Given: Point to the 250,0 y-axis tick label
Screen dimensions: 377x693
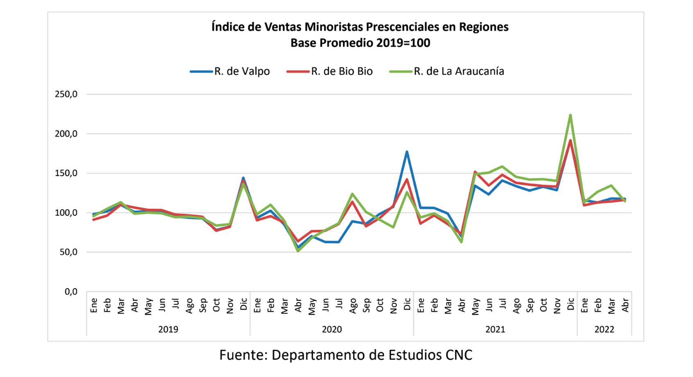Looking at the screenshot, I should pyautogui.click(x=66, y=94).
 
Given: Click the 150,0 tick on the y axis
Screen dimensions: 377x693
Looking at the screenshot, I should pyautogui.click(x=66, y=173).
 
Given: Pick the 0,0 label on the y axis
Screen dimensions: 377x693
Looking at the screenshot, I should pyautogui.click(x=71, y=292).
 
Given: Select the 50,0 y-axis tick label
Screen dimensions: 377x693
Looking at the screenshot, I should pyautogui.click(x=68, y=252).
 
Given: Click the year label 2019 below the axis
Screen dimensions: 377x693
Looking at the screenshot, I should pyautogui.click(x=168, y=330).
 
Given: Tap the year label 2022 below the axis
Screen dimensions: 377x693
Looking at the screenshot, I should pyautogui.click(x=604, y=330).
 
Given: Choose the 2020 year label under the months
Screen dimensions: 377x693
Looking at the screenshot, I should pyautogui.click(x=332, y=330).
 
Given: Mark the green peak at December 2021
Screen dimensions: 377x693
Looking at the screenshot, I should pyautogui.click(x=570, y=115).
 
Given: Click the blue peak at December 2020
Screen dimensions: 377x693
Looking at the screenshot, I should pyautogui.click(x=407, y=152).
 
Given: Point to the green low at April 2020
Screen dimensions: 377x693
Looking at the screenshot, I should pyautogui.click(x=298, y=251).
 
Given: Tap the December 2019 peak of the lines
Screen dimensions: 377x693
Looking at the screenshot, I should pyautogui.click(x=243, y=179).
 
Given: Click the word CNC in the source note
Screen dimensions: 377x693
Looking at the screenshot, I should pyautogui.click(x=459, y=355).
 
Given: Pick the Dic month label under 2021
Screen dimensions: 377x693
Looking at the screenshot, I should pyautogui.click(x=571, y=304).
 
